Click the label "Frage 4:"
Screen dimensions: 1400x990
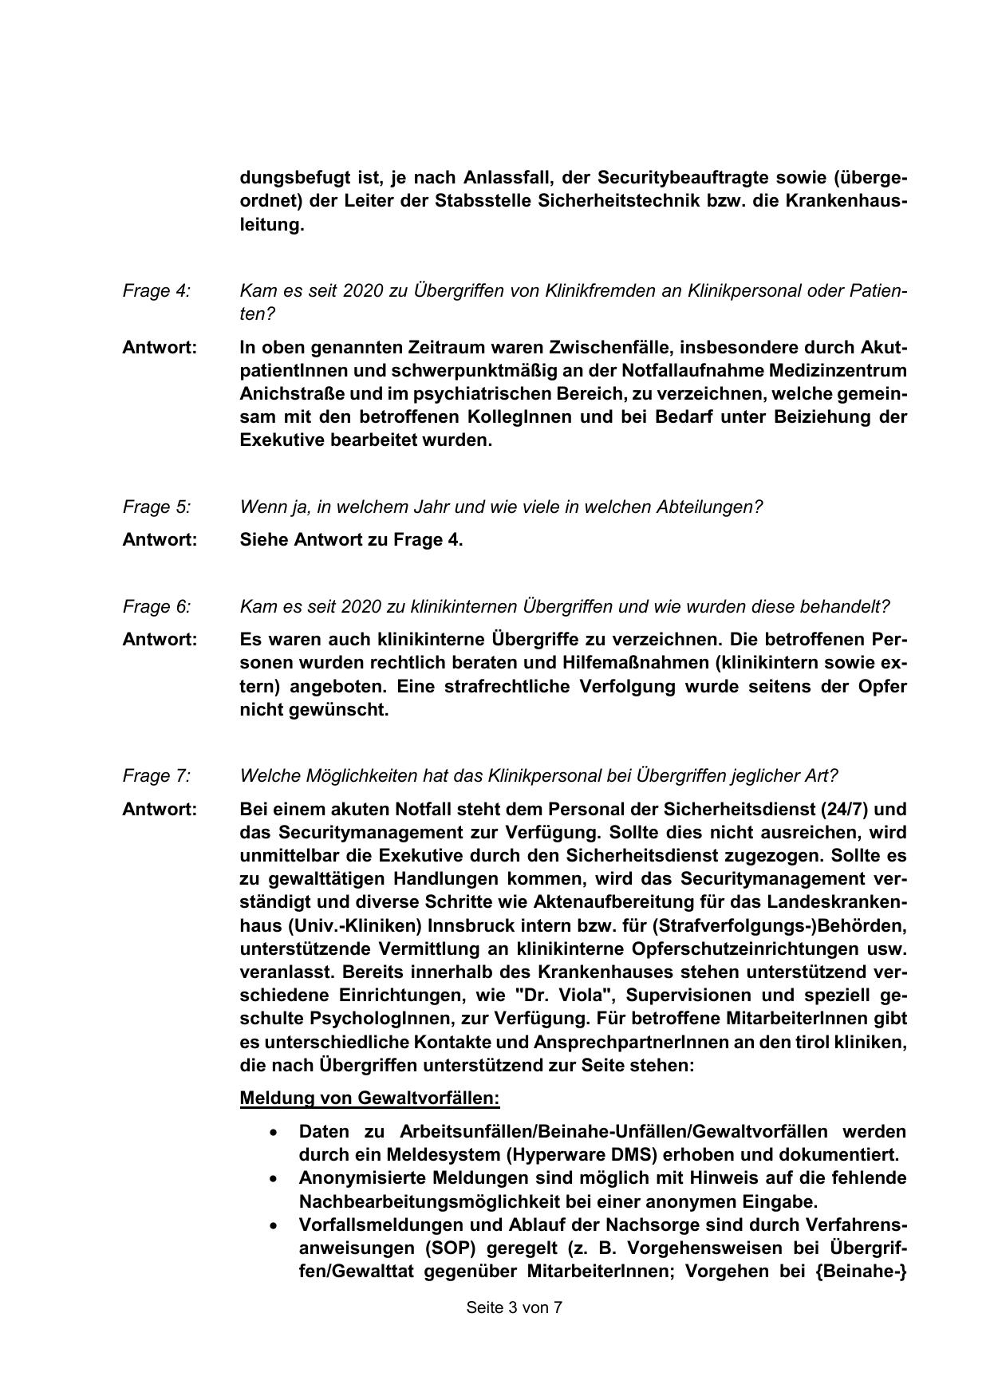click(156, 291)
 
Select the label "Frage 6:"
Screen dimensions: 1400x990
click(156, 607)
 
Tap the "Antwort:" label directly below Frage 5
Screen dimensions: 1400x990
click(160, 540)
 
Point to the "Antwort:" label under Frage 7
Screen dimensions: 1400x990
click(160, 810)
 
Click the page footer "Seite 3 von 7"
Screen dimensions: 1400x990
click(515, 1307)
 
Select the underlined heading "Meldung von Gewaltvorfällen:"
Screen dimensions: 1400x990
click(369, 1098)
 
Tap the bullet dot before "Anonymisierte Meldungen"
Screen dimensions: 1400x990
click(274, 1178)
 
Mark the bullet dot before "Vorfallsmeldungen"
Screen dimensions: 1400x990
click(274, 1225)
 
